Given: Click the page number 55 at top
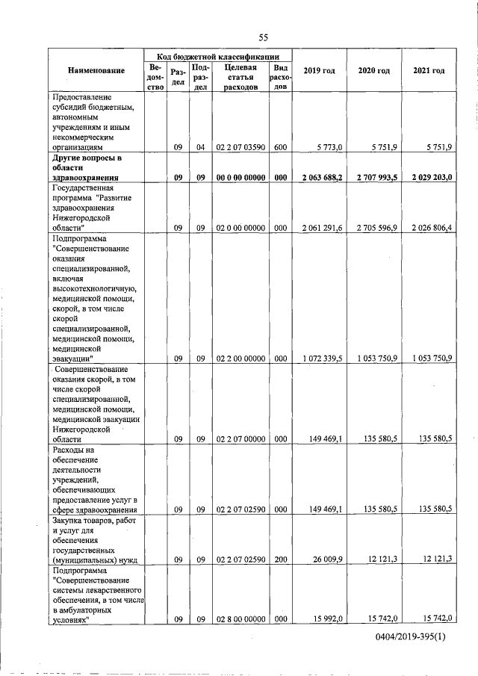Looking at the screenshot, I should [263, 37].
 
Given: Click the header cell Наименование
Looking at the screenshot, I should [96, 70].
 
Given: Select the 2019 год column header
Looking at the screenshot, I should [319, 70].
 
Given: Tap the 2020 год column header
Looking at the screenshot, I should [373, 70].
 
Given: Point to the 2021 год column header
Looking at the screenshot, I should [428, 70].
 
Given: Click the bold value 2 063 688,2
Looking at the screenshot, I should [319, 178].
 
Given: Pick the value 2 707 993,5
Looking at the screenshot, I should [373, 178].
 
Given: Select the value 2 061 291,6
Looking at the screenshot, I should [320, 226].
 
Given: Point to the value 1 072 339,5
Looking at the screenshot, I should [320, 359].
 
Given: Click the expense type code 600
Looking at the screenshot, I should [280, 148].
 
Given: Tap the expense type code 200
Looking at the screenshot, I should [280, 559].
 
